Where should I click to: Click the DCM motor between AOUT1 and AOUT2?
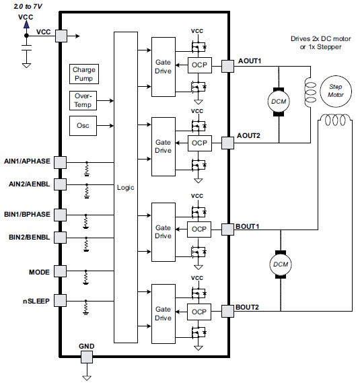(277, 100)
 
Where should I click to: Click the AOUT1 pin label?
(249, 61)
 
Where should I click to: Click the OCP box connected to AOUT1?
(199, 65)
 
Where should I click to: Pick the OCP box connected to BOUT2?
(199, 311)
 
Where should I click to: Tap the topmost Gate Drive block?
(163, 65)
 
